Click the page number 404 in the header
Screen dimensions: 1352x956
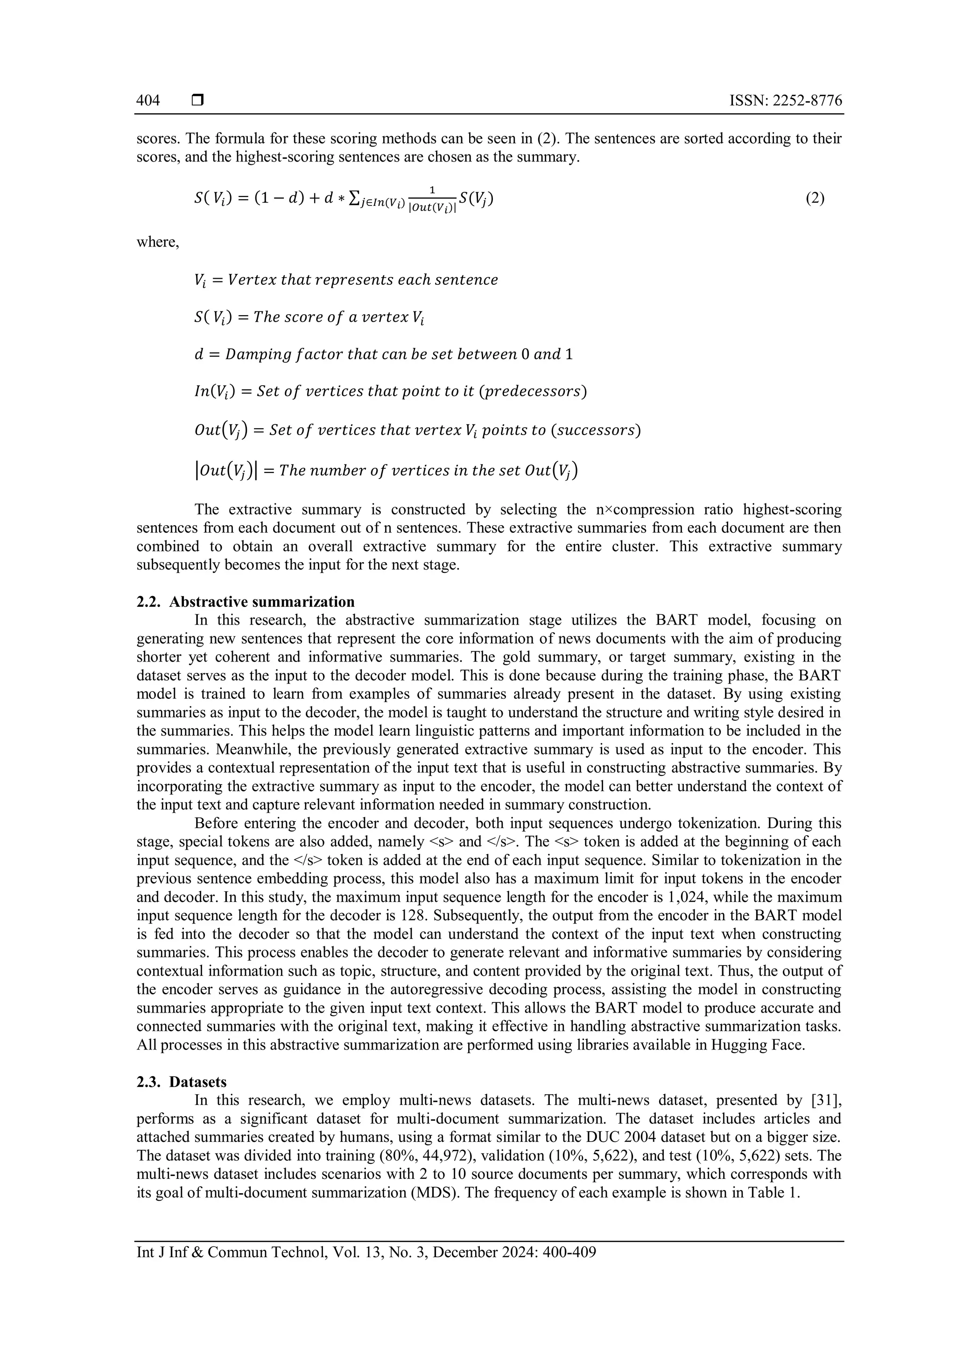pos(148,101)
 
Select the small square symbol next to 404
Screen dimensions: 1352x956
pos(198,101)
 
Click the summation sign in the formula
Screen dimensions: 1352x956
pos(354,198)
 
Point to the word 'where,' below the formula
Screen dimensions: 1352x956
pos(158,242)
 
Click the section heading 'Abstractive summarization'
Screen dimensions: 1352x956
pos(262,602)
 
